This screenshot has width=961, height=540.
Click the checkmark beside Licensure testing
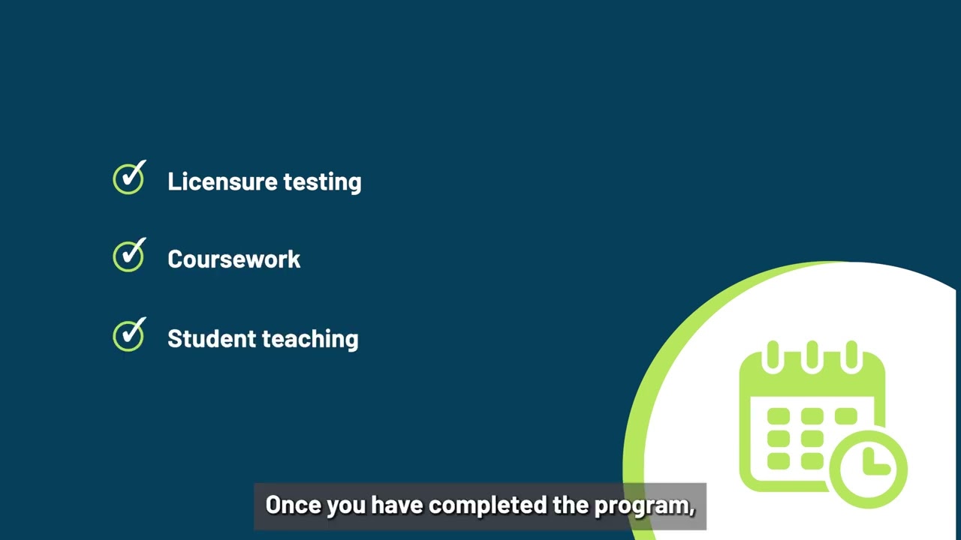[129, 179]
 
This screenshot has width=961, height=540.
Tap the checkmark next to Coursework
[129, 256]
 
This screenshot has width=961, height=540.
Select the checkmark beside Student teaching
[129, 335]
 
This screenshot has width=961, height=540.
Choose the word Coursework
[233, 259]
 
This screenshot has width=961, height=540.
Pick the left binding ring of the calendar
[773, 355]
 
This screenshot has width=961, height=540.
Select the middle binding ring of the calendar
[812, 355]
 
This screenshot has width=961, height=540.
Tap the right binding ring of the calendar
[851, 355]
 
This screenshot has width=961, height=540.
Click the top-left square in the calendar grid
[779, 416]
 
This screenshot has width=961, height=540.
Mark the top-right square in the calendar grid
[845, 416]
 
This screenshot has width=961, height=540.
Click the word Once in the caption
[294, 505]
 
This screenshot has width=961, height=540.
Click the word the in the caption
[571, 505]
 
